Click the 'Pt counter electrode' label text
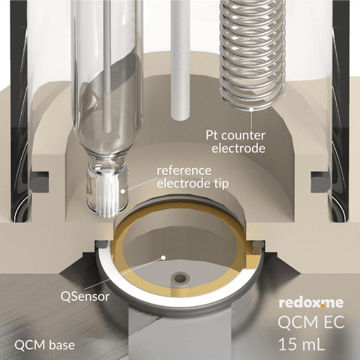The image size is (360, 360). (235, 142)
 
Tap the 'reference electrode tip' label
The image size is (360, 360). (193, 177)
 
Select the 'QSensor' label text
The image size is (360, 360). (85, 296)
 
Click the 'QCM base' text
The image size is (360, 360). (44, 345)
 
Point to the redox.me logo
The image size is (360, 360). (311, 302)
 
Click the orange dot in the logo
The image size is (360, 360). (322, 305)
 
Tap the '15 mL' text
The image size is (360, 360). (301, 344)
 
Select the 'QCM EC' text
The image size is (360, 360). (311, 322)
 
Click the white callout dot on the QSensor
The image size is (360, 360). (163, 257)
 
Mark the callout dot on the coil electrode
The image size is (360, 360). (251, 109)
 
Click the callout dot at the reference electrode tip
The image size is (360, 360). (123, 191)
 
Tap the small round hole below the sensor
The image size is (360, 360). (180, 277)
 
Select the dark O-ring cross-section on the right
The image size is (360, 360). (321, 181)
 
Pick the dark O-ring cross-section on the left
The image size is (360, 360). (39, 181)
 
